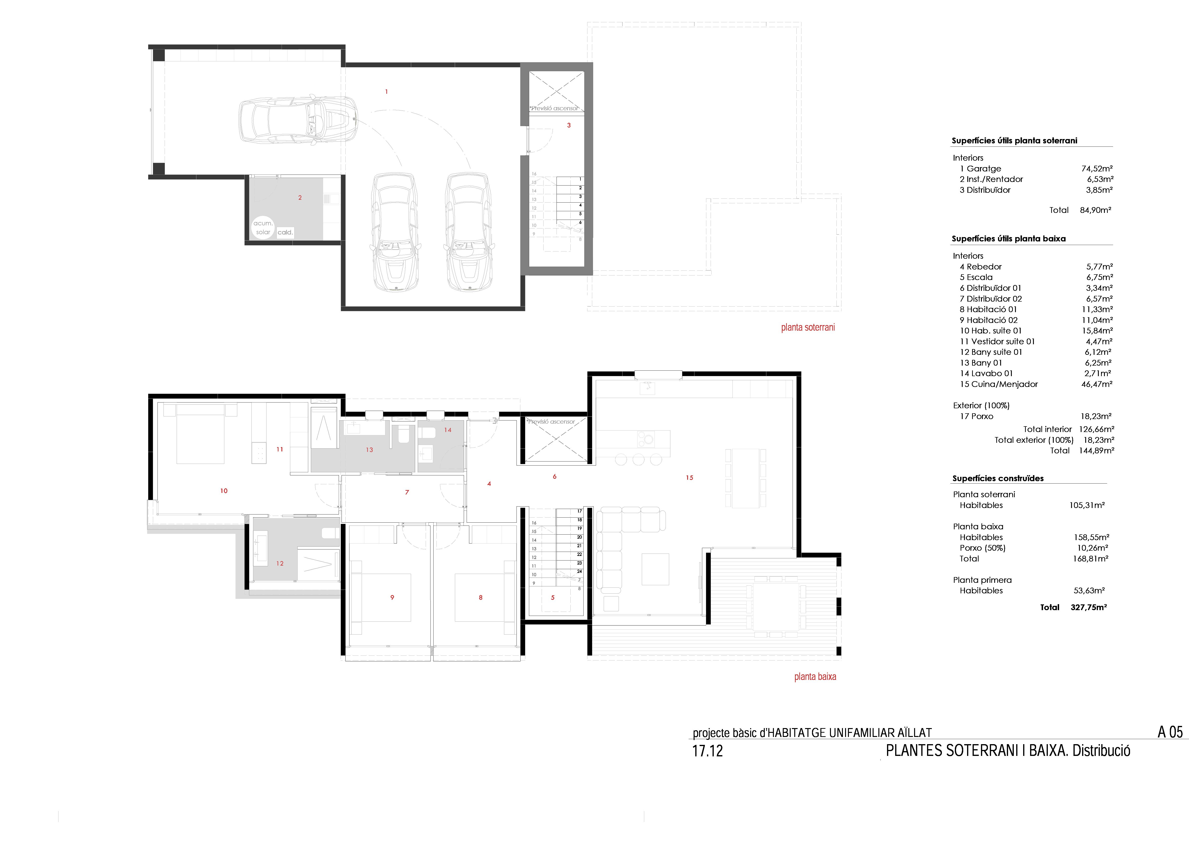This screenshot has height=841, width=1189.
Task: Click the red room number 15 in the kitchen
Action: coord(689,478)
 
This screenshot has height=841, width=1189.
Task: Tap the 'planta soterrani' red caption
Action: coord(808,327)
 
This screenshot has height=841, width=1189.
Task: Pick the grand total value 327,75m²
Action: coord(1089,607)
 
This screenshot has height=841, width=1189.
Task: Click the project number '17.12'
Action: coord(708,751)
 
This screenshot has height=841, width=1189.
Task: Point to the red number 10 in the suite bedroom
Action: coord(224,491)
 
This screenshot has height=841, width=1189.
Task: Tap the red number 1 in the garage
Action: coord(386,92)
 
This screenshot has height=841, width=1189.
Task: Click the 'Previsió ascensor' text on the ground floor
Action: coord(551,421)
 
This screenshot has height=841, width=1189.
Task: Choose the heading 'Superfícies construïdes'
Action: coord(998,479)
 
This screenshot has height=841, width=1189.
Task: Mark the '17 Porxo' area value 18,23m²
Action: coord(1096,416)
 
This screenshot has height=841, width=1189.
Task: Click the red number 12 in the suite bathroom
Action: coord(280,563)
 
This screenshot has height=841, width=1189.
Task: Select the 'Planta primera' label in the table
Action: coord(982,580)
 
